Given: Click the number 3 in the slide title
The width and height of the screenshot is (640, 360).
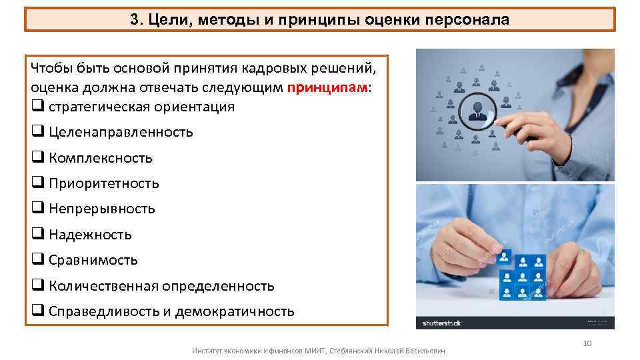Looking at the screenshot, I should (134, 20).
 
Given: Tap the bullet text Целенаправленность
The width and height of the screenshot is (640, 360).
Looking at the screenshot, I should (121, 132).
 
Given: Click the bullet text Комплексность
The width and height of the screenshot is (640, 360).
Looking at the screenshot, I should (100, 158).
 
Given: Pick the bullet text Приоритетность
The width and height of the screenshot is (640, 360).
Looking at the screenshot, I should (103, 183).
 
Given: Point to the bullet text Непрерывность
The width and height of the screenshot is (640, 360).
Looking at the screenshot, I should (101, 209).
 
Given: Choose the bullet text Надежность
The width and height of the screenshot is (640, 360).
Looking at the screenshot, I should (90, 235).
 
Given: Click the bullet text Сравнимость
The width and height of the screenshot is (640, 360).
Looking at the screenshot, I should (93, 260).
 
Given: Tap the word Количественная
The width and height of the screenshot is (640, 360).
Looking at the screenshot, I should (103, 286).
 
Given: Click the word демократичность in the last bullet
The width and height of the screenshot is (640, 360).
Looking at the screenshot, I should (234, 311).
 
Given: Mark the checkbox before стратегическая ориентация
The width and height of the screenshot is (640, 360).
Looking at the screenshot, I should (37, 107).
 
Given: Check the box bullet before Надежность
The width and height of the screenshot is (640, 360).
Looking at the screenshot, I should (37, 235).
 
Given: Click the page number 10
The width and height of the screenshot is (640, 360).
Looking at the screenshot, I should (587, 343).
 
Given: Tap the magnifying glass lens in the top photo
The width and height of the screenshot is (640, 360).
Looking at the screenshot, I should (478, 110).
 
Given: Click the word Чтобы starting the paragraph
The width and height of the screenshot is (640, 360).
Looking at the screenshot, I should (53, 70).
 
